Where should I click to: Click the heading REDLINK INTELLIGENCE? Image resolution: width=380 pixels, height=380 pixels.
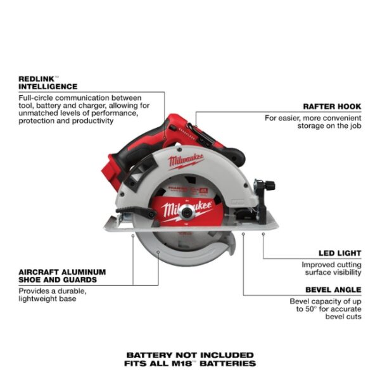pos(47,82)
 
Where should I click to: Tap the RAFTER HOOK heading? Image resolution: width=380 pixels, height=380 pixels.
pos(332,106)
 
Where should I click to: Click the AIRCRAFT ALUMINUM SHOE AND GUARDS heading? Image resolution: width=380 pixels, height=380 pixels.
pos(62,275)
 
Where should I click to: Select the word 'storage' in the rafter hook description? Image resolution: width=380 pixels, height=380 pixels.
pos(315,126)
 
